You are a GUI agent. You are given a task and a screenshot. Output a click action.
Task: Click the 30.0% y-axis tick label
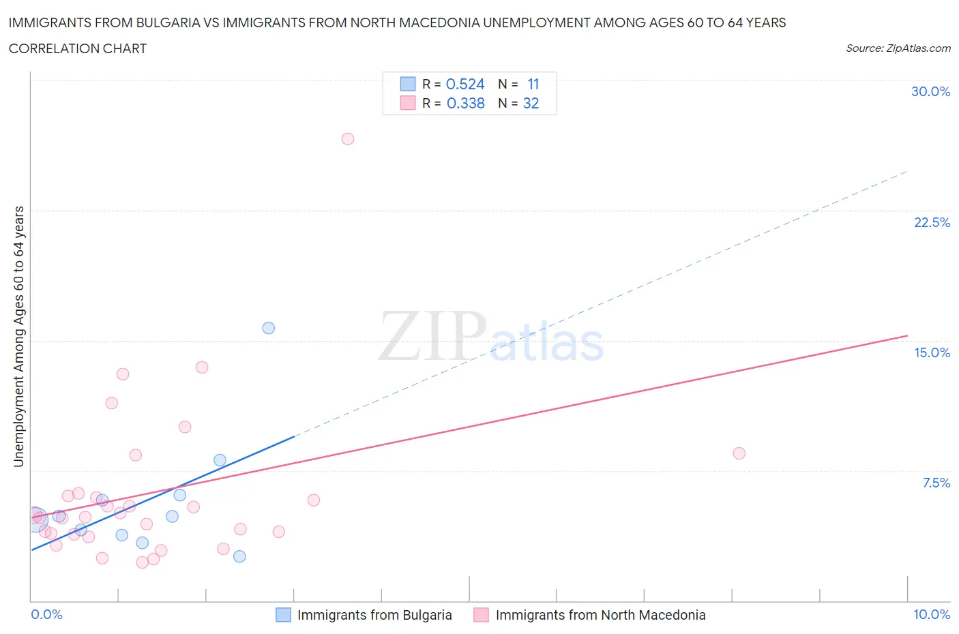click(x=930, y=91)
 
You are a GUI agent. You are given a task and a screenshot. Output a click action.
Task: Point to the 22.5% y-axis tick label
click(x=932, y=222)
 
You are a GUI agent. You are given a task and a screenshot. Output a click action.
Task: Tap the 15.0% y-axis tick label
click(x=932, y=352)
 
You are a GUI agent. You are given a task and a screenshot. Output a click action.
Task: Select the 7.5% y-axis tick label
click(x=936, y=483)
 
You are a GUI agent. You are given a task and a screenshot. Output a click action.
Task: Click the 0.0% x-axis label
click(x=46, y=614)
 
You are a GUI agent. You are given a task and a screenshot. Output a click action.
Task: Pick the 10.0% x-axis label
click(x=931, y=614)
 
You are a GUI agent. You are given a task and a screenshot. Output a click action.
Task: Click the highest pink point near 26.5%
click(x=347, y=139)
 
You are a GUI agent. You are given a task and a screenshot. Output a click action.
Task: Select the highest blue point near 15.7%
click(x=269, y=328)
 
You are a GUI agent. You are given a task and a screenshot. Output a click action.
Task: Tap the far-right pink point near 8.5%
click(x=739, y=453)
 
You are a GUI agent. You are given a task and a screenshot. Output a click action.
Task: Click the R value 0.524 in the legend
click(x=465, y=84)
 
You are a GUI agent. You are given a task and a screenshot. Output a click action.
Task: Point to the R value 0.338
click(x=465, y=103)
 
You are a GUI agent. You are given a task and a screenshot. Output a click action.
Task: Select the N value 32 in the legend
click(x=531, y=103)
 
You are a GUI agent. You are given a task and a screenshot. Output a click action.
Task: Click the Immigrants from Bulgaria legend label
click(x=374, y=615)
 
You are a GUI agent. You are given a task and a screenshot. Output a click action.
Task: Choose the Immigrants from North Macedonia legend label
click(x=600, y=615)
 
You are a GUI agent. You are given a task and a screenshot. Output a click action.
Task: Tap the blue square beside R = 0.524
click(x=408, y=84)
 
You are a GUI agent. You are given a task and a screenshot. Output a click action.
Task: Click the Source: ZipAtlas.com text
click(x=898, y=48)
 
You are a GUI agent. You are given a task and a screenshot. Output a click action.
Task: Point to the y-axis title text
click(x=18, y=336)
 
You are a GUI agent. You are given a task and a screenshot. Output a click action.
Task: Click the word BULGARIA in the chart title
click(x=166, y=22)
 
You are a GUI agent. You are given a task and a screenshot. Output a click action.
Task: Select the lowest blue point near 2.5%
click(x=239, y=556)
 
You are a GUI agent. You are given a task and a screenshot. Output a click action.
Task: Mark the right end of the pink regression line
click(x=907, y=335)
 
